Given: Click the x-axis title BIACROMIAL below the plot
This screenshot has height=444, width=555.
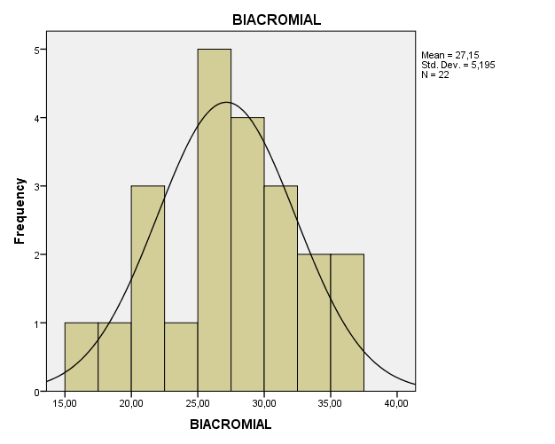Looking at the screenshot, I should tap(231, 425).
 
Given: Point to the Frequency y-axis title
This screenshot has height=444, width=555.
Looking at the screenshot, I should tap(19, 211).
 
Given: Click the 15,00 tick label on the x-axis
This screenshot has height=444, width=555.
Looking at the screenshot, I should tap(65, 404).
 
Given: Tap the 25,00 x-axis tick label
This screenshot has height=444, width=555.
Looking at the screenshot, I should tap(198, 404).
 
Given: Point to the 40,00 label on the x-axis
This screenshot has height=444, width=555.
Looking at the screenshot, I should tap(396, 404).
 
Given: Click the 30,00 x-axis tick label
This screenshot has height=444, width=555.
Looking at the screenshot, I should tap(263, 404).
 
